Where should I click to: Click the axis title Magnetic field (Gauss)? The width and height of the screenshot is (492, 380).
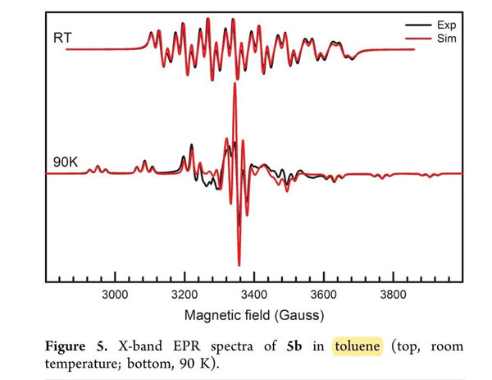coord(254,315)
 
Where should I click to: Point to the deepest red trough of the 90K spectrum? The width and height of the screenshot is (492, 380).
coord(239,264)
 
